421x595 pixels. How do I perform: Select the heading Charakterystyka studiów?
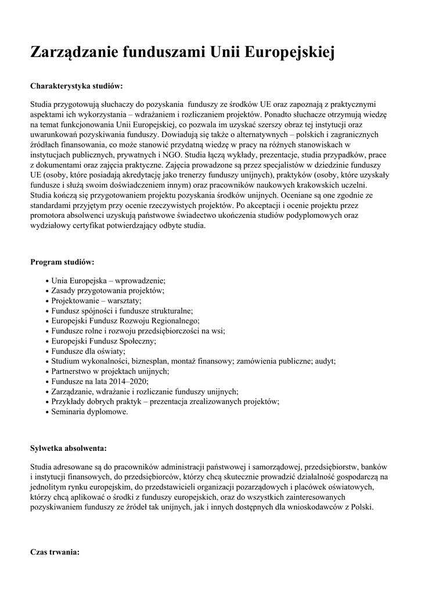[x=76, y=86]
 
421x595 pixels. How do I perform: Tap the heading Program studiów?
[x=62, y=262]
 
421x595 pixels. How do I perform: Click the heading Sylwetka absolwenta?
[x=69, y=448]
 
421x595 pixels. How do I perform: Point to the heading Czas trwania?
[x=55, y=551]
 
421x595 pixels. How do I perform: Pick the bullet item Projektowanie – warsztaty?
[x=96, y=301]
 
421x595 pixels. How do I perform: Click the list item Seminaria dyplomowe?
[x=89, y=411]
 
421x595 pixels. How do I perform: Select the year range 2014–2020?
[x=128, y=381]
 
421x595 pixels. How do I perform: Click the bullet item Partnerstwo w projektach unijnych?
[x=110, y=371]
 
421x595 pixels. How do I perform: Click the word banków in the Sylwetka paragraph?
[x=373, y=467]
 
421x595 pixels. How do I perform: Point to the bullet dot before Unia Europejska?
[x=46, y=281]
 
